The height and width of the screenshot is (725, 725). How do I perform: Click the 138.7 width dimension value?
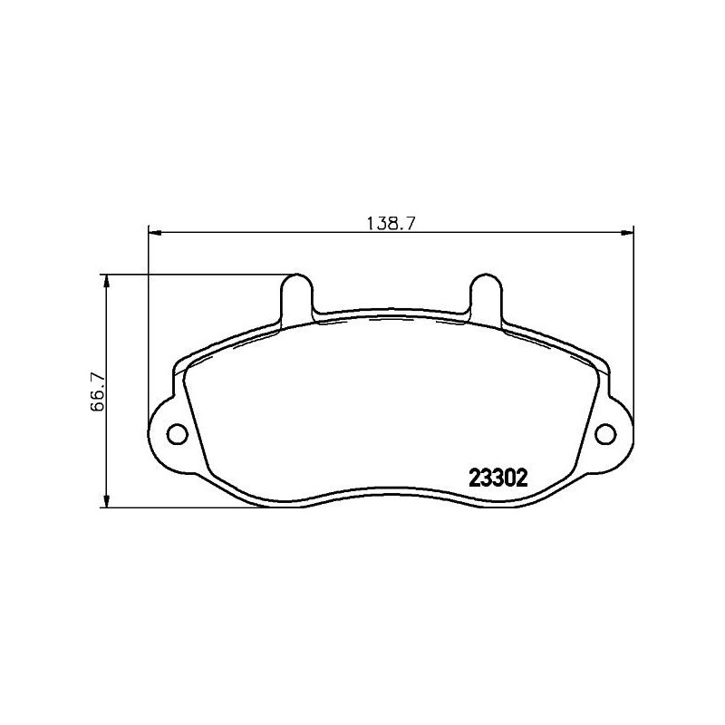[x=390, y=222]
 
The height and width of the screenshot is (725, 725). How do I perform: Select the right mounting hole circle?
[x=604, y=434]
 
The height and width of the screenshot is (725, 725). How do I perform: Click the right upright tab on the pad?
[x=482, y=294]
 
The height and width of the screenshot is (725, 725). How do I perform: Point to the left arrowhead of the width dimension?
[x=154, y=235]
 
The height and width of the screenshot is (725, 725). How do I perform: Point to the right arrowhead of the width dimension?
[x=626, y=235]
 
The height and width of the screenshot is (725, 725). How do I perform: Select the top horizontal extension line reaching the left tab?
[x=199, y=274]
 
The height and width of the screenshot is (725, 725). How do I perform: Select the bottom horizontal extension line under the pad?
[x=199, y=507]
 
